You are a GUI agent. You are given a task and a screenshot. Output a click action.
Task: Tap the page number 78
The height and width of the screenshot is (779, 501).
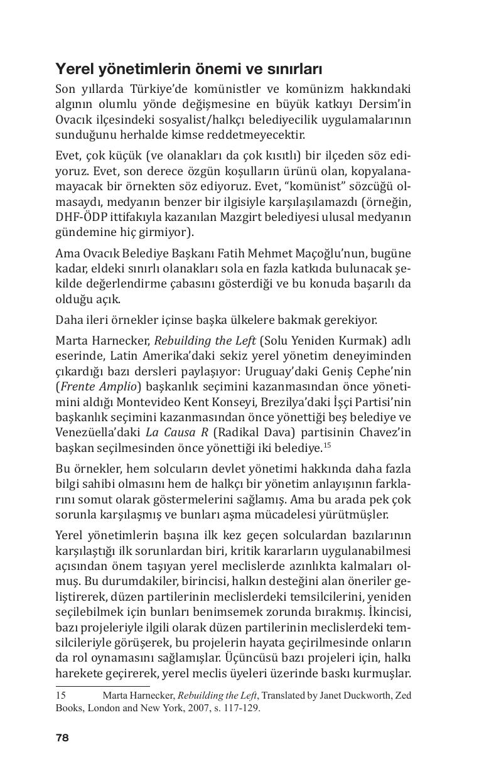[62, 738]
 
